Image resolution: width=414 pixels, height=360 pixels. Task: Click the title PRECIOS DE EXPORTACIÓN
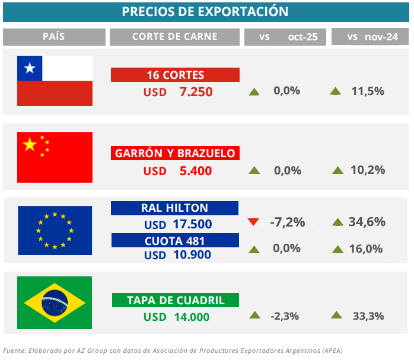point(205,12)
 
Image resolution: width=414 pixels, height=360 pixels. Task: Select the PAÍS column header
point(53,37)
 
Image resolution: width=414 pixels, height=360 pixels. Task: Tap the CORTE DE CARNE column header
point(175,37)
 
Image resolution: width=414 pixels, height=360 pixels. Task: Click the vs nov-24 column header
point(372,37)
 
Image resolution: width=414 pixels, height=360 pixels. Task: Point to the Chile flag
point(55,81)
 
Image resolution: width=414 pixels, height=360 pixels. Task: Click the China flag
point(55,157)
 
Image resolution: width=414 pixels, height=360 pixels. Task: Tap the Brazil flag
point(55,302)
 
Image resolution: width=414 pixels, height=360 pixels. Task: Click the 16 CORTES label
point(175,75)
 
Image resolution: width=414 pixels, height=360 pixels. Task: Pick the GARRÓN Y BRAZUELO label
point(175,153)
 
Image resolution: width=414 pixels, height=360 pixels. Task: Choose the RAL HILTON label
point(174,208)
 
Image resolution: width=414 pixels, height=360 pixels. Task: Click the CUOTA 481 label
point(174,241)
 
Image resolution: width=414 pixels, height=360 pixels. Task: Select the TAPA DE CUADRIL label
point(176,300)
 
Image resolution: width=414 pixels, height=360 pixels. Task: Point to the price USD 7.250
point(177,92)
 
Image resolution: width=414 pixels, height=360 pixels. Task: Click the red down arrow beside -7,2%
point(254,222)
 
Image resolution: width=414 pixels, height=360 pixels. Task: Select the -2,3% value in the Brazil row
point(285,317)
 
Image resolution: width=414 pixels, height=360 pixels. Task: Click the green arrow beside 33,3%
point(336,316)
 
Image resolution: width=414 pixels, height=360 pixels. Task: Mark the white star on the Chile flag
point(29,69)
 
